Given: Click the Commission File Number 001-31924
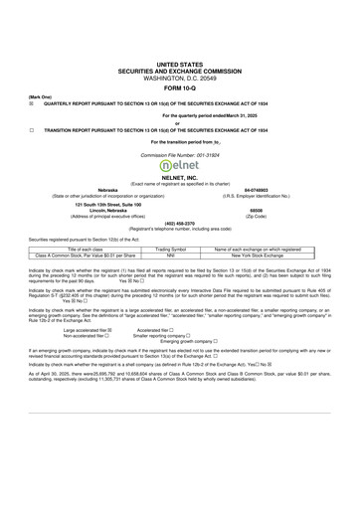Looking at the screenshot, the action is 179,156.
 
